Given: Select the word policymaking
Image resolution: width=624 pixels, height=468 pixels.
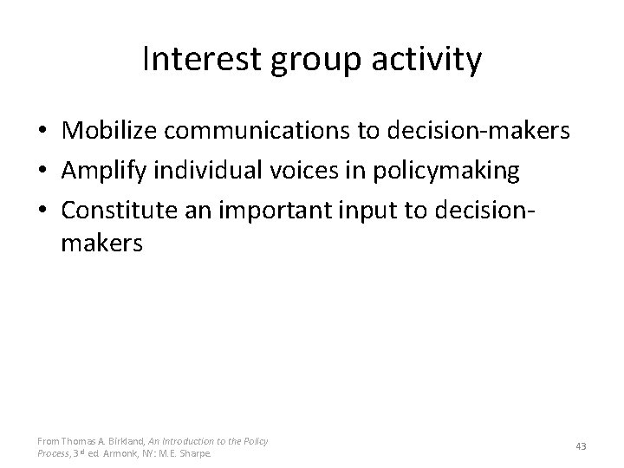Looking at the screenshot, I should pos(445,172).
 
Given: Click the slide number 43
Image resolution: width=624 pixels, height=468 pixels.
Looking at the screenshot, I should pos(581,446).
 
